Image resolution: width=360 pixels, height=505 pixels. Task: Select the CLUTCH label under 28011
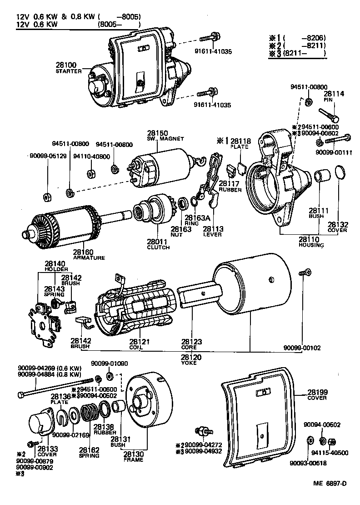point(158,247)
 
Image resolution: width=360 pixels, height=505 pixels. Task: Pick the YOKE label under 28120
point(191,364)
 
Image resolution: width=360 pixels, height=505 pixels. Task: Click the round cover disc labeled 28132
point(339,174)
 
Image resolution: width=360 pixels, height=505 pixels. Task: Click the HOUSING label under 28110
point(311,245)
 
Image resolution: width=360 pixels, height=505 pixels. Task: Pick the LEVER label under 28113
point(212,234)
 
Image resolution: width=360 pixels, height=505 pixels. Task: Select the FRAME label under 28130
point(133,460)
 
